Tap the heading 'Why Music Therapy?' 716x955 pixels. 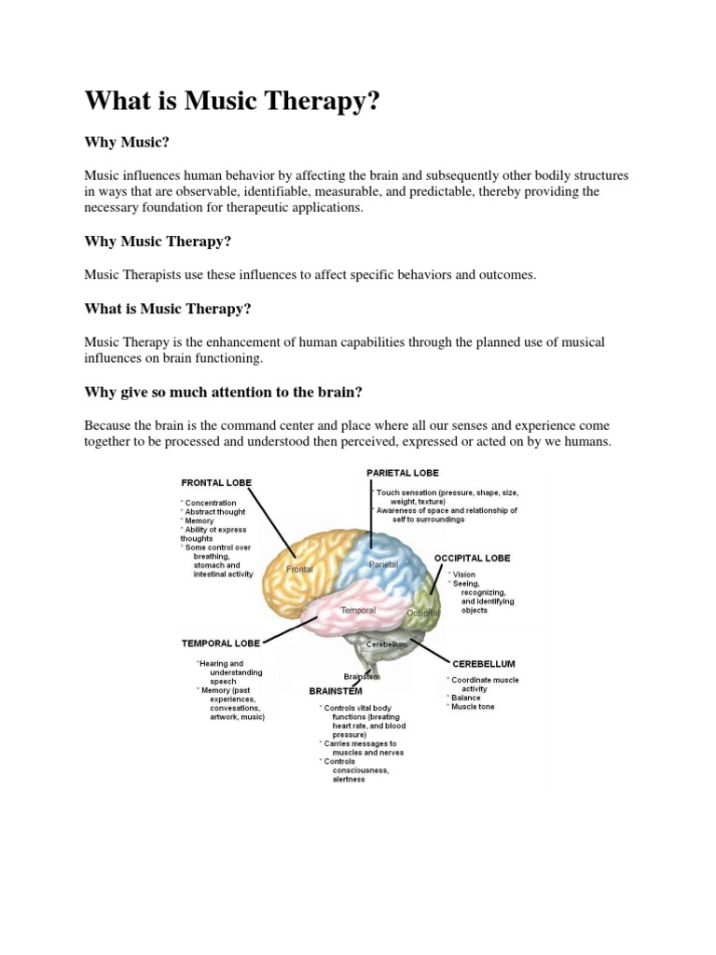158,242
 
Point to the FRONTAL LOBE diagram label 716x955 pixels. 215,482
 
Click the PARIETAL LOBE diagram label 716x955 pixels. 403,473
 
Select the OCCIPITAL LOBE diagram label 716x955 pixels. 472,558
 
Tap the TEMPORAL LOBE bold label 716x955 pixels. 220,643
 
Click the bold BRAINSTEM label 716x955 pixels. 336,691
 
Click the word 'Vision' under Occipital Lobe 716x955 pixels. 463,574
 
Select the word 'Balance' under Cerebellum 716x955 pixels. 466,698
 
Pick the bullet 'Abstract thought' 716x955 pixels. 217,512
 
